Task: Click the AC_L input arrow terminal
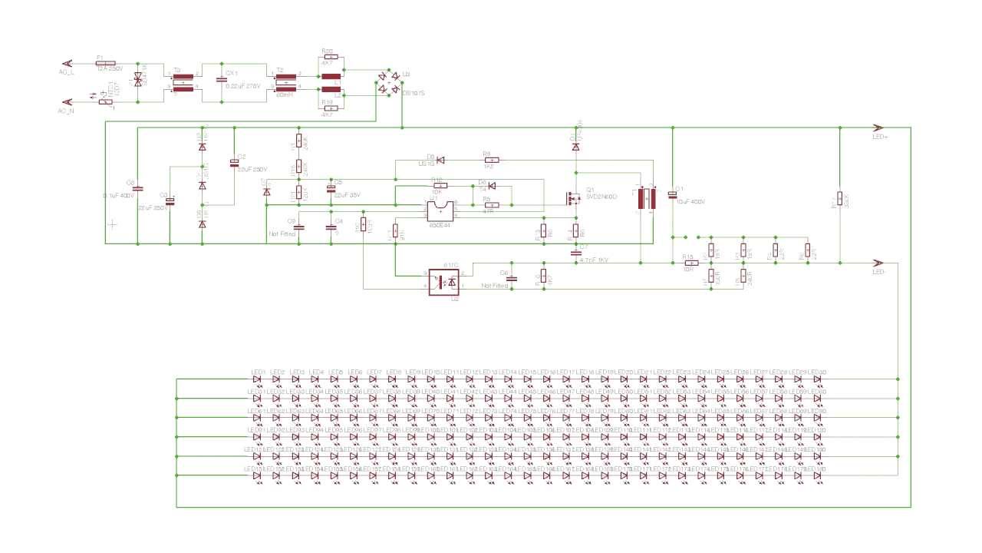pos(67,63)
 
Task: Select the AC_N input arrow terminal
pos(67,101)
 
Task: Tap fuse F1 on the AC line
pos(106,63)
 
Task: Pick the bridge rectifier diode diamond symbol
pos(389,82)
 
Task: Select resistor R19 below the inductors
pos(328,108)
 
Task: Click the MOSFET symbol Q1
pos(572,198)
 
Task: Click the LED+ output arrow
pos(878,127)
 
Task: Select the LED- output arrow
pos(878,263)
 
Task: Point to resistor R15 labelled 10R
pos(688,263)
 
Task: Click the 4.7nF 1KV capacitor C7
pos(575,251)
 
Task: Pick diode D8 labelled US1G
pos(440,160)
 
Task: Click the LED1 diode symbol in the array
pos(258,379)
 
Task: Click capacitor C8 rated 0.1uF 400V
pos(137,188)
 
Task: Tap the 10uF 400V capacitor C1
pos(673,194)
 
